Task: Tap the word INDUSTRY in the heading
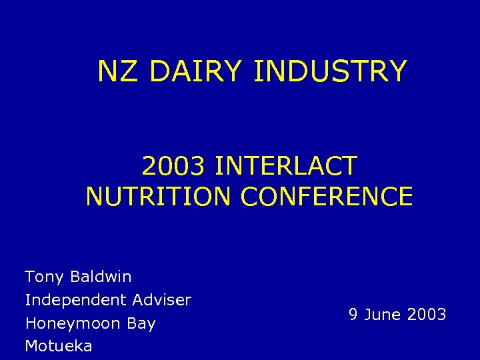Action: [330, 71]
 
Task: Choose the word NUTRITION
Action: [159, 197]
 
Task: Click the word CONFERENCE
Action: [327, 197]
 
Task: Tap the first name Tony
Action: [43, 277]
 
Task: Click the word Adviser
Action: [162, 300]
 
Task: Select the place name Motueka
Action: [59, 346]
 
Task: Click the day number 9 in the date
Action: [353, 315]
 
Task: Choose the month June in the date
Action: [382, 315]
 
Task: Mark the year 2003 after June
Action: [426, 315]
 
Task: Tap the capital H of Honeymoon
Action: [30, 324]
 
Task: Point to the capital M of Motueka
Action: [31, 346]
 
